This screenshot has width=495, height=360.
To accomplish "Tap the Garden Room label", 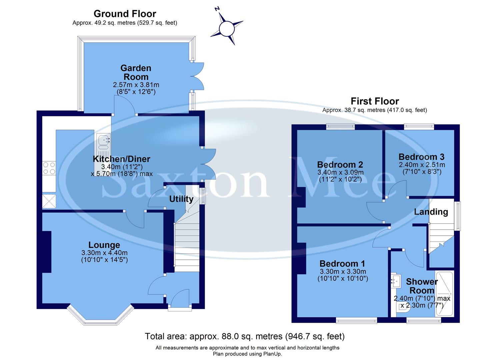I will click(x=136, y=72).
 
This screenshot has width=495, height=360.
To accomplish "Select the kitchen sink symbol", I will click(x=103, y=142).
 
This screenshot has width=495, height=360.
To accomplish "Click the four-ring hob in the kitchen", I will click(x=49, y=168).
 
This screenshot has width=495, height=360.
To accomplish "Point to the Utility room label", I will click(x=181, y=199).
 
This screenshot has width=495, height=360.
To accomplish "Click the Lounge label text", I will click(x=104, y=245).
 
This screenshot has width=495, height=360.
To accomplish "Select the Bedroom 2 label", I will click(x=340, y=165).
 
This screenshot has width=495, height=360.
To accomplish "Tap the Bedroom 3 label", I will click(x=421, y=157).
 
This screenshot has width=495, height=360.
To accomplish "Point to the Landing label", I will click(x=431, y=212).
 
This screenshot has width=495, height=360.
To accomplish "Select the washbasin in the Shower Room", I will click(x=396, y=280).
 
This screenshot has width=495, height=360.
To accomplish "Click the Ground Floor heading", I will click(x=125, y=14).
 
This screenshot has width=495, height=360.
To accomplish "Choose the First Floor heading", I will click(x=375, y=101).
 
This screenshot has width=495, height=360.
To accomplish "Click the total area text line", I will click(x=245, y=336).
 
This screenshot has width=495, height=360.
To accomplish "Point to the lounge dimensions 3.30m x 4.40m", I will click(x=104, y=253).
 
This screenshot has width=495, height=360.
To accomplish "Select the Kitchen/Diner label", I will click(x=121, y=159).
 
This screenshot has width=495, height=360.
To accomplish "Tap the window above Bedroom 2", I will click(x=340, y=126).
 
